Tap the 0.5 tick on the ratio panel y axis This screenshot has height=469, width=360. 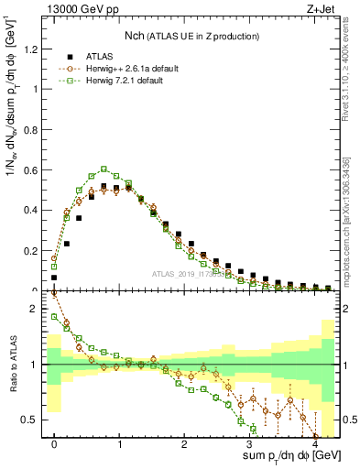pyautogui.click(x=33, y=420)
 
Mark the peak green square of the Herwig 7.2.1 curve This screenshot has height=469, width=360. pyautogui.click(x=104, y=169)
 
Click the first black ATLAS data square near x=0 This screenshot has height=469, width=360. pyautogui.click(x=54, y=277)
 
